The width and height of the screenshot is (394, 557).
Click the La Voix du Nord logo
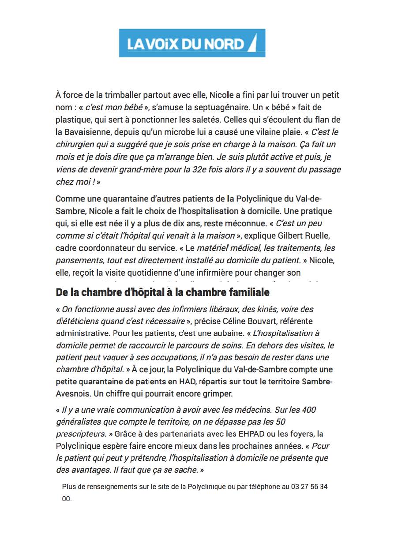coord(192,43)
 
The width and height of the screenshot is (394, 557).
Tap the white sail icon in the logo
coord(252,44)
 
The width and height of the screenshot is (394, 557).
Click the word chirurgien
coord(75,144)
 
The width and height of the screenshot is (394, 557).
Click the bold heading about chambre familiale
coord(163,292)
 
